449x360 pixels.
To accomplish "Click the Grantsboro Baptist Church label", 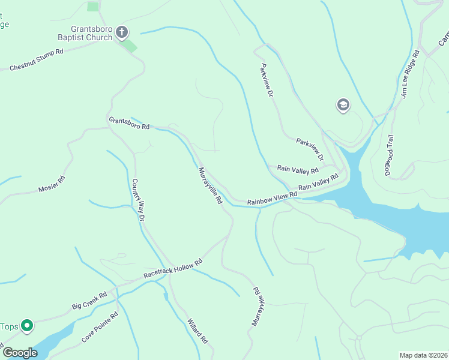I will click(x=91, y=33).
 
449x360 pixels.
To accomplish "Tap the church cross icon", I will click(x=122, y=32).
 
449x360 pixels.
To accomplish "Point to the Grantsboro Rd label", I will click(x=128, y=123).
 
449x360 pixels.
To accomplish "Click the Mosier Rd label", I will click(x=52, y=185).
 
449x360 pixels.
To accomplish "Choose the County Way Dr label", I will click(x=139, y=200).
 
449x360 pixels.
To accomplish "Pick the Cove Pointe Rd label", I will click(x=100, y=328).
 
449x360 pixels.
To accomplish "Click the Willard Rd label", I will click(x=197, y=330).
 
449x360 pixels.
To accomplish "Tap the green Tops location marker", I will click(x=27, y=326).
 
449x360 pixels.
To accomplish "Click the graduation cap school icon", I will click(x=343, y=106).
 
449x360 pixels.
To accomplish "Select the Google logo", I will click(x=20, y=352).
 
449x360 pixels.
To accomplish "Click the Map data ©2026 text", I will click(x=423, y=355).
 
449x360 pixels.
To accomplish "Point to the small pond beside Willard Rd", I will click(x=165, y=296).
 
